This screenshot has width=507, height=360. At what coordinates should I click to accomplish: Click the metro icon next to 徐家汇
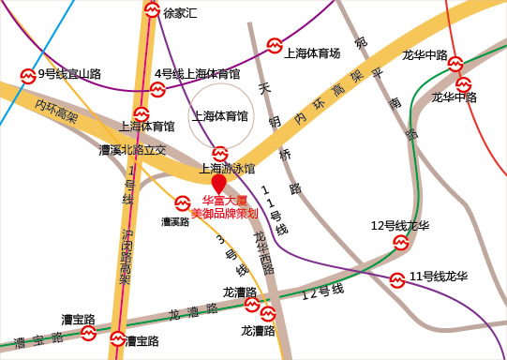click(152, 11)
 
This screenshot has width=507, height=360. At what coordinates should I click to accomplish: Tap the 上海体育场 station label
click(311, 53)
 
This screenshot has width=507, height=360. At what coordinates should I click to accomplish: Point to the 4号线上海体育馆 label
click(197, 74)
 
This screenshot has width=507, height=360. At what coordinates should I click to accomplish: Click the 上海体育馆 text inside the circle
click(219, 117)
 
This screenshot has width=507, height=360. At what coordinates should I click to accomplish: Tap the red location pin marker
click(219, 182)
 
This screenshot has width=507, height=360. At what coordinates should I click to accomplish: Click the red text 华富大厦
click(224, 202)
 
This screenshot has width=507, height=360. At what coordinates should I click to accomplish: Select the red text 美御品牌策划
click(224, 214)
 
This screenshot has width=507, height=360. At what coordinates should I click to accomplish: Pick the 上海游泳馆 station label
click(227, 169)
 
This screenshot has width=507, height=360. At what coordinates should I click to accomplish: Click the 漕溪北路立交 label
click(132, 149)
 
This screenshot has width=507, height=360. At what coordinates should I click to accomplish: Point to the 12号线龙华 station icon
click(401, 243)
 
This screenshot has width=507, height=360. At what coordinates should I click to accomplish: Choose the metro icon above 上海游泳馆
click(219, 153)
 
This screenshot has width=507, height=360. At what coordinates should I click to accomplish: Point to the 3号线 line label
click(233, 254)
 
